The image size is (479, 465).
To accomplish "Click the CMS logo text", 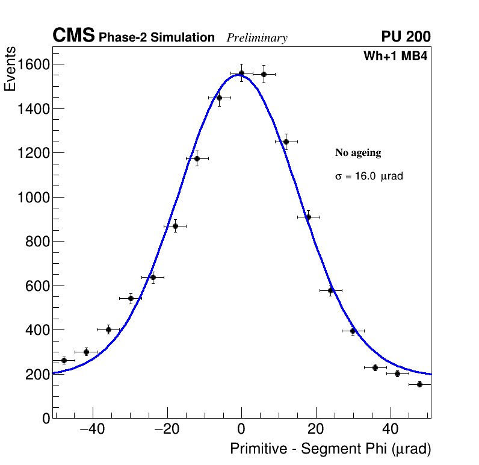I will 73,36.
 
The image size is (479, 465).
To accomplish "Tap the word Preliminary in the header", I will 257,38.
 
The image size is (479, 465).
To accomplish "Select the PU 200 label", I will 406,37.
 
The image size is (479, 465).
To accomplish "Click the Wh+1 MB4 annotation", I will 395,57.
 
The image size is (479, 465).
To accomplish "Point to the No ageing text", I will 358,153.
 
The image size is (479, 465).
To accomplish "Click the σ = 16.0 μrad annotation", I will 369,176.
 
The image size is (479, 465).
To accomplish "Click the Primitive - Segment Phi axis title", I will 330,449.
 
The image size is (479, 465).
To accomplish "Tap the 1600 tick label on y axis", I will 29,64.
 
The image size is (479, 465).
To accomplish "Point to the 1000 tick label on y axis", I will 29,198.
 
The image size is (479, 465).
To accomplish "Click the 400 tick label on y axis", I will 33,330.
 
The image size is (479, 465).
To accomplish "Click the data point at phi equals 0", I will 241,73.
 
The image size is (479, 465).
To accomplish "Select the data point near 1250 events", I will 286,142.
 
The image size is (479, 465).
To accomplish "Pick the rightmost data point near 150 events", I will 419,384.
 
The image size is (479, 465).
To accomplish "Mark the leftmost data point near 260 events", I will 64,360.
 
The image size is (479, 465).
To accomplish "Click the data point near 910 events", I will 308,217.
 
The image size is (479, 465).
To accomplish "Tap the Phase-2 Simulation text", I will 156,38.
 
